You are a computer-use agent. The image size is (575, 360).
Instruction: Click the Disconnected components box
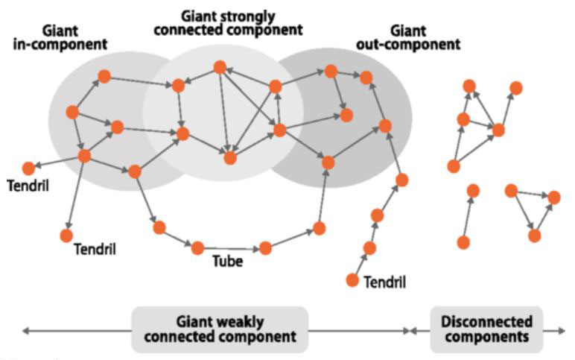(486, 329)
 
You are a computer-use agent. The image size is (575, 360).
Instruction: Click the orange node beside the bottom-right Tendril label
(352, 280)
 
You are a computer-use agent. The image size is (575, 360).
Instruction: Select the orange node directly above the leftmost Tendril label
(28, 168)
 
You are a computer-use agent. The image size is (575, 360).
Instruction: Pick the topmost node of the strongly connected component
(220, 67)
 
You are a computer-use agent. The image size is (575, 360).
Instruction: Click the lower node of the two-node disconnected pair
(463, 242)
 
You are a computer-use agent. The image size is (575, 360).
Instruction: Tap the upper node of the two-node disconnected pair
(473, 191)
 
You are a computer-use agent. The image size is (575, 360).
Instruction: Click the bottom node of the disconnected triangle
(534, 235)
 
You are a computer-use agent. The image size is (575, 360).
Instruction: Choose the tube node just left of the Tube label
(197, 247)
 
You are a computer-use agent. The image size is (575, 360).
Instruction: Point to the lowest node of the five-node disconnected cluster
(454, 166)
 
